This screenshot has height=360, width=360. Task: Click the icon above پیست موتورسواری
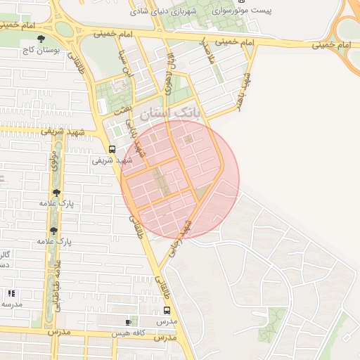click(x=243, y=1)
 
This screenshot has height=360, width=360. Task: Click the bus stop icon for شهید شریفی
click(x=112, y=149)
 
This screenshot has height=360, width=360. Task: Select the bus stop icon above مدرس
click(x=167, y=310)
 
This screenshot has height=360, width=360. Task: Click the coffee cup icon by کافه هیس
click(x=127, y=322)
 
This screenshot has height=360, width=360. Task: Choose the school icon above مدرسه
click(x=11, y=293)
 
